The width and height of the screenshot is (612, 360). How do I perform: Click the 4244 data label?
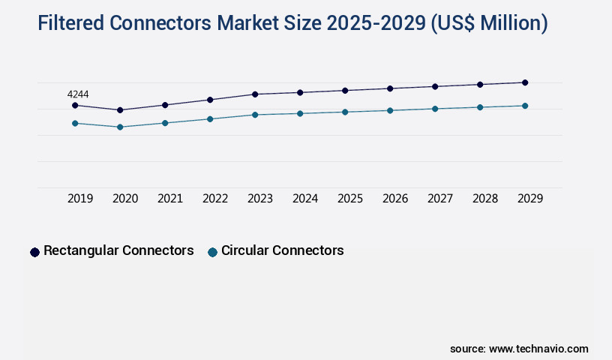click(78, 94)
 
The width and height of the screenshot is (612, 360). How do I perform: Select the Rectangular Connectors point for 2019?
click(75, 106)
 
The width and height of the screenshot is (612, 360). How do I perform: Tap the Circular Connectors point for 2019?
click(75, 123)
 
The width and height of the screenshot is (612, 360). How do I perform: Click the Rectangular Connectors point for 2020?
click(120, 110)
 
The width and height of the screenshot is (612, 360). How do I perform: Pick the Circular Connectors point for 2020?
click(120, 127)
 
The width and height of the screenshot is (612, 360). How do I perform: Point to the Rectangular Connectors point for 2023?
click(255, 94)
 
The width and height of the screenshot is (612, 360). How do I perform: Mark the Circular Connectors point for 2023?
click(255, 115)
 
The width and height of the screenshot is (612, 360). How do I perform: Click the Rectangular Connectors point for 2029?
click(525, 82)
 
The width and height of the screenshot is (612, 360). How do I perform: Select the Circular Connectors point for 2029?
click(525, 106)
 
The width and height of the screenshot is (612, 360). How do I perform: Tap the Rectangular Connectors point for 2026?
click(390, 88)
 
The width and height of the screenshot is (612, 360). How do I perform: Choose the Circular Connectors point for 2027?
click(435, 109)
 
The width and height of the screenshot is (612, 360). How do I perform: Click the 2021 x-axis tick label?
click(170, 199)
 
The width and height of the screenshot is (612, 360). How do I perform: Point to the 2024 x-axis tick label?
click(305, 199)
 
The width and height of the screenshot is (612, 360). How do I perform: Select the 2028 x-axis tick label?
click(485, 199)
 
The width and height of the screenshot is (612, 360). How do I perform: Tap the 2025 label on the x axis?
click(350, 199)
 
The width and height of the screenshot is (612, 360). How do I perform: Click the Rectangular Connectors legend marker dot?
click(34, 252)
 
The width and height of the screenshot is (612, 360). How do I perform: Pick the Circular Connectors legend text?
click(282, 250)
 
